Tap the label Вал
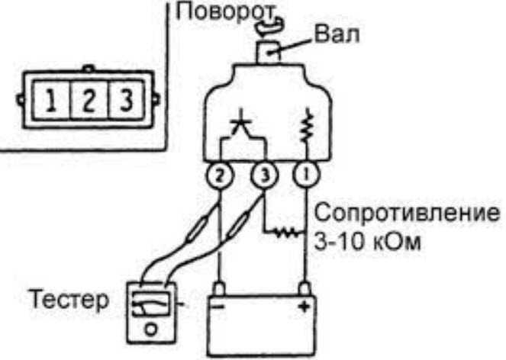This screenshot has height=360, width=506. [337, 34]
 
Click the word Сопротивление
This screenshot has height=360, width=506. [408, 214]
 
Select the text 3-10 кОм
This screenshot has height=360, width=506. [368, 242]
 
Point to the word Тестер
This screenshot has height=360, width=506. [69, 300]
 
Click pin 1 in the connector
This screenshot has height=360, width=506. [51, 100]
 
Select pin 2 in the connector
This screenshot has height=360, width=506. [89, 100]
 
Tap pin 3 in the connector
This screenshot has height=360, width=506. [126, 100]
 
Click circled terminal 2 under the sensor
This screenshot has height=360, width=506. [219, 175]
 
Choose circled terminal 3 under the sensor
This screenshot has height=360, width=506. [264, 175]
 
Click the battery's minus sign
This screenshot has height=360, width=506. [219, 307]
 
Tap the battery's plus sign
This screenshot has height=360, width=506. [304, 306]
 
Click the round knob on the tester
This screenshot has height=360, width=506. [151, 329]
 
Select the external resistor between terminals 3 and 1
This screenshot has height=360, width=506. [285, 233]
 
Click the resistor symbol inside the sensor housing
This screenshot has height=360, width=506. [305, 126]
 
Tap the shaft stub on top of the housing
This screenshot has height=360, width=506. [269, 53]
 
